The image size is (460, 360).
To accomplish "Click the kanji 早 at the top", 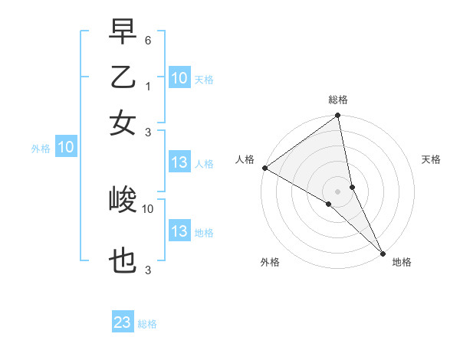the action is click(x=123, y=34).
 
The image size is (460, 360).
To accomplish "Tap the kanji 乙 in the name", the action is click(x=123, y=78).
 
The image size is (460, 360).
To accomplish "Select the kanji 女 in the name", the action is click(x=123, y=123).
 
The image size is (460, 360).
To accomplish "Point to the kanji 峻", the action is click(x=123, y=201).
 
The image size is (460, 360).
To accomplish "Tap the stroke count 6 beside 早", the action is click(x=148, y=40).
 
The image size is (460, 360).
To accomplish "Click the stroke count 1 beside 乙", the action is click(x=148, y=86).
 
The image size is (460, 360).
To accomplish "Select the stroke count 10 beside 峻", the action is click(x=148, y=208).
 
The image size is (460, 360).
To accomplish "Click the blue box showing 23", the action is click(x=123, y=322).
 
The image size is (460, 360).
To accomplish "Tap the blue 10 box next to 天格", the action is click(x=179, y=78).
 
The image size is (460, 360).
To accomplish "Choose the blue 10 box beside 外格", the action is click(x=66, y=148).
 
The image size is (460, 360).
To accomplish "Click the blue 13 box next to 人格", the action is click(x=179, y=162).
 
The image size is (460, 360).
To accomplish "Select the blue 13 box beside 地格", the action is click(x=179, y=231).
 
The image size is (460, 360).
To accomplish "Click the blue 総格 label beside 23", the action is click(x=148, y=324).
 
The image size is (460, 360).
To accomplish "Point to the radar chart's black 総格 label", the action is click(x=337, y=100).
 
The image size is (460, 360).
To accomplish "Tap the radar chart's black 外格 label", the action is click(x=270, y=263).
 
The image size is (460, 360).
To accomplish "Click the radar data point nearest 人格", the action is click(x=264, y=168).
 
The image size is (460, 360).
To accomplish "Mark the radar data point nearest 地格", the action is click(x=382, y=253).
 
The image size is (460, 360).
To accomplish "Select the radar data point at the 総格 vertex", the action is click(x=337, y=116).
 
